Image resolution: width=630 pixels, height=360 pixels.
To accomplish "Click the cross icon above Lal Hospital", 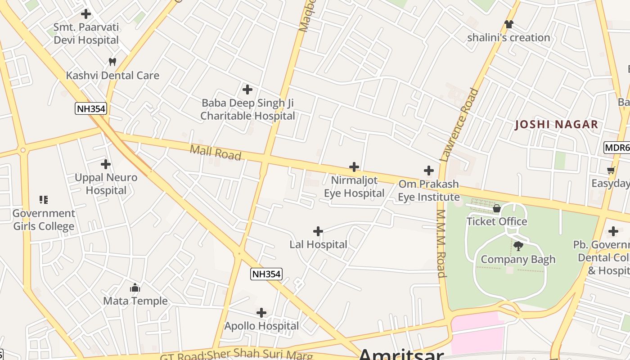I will pyautogui.click(x=318, y=231).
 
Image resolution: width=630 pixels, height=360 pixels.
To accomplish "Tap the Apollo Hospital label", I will pyautogui.click(x=261, y=326).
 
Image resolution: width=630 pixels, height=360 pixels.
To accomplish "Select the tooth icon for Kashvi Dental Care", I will pyautogui.click(x=112, y=62).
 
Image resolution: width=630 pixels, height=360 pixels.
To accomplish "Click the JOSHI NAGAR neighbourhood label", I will pyautogui.click(x=557, y=125).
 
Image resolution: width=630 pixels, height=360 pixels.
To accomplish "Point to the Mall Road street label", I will pyautogui.click(x=216, y=153).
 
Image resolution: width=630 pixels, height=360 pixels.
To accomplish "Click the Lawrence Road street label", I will pyautogui.click(x=459, y=125).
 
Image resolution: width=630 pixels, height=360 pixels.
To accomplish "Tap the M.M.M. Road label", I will pyautogui.click(x=441, y=243).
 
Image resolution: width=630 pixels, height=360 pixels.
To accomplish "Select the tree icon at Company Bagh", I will pyautogui.click(x=518, y=246).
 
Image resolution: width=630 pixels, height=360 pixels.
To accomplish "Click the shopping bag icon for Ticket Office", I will pyautogui.click(x=497, y=208).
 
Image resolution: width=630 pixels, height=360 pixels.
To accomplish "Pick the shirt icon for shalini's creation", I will pyautogui.click(x=508, y=24).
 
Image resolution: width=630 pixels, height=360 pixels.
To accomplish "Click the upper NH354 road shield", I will pyautogui.click(x=91, y=108).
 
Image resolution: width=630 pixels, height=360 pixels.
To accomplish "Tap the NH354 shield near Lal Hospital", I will pyautogui.click(x=266, y=274).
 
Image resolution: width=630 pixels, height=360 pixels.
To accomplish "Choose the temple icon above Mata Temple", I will pyautogui.click(x=135, y=288).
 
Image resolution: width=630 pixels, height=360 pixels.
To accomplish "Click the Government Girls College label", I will pyautogui.click(x=44, y=220).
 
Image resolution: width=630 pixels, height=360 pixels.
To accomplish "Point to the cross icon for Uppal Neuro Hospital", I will pyautogui.click(x=106, y=164).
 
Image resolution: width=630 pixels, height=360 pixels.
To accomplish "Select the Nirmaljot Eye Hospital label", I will pyautogui.click(x=354, y=187).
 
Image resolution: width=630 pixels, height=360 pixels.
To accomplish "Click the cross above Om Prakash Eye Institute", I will pyautogui.click(x=429, y=171).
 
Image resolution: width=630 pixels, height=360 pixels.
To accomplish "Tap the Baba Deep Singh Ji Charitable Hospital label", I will pyautogui.click(x=247, y=109).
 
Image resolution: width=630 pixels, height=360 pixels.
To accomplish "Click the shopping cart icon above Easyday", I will pyautogui.click(x=611, y=170).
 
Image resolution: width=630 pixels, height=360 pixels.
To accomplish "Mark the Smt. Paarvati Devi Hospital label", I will pyautogui.click(x=86, y=34).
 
